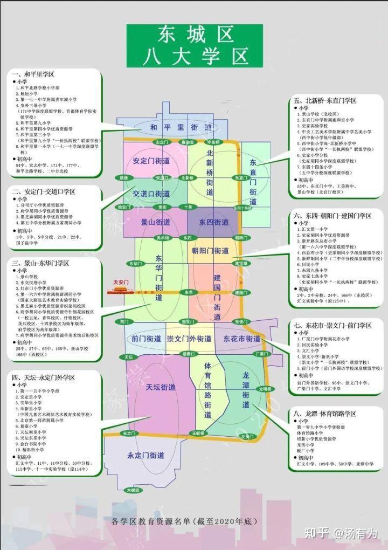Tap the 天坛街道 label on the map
(161, 387)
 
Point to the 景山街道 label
(155, 222)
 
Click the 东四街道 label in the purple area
(213, 222)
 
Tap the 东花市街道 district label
(241, 339)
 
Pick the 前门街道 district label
(146, 339)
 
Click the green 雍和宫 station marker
(187, 142)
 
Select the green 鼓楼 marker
(124, 177)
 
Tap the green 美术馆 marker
(162, 237)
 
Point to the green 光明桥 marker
(265, 388)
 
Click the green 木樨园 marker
(132, 490)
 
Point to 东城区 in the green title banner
(195, 35)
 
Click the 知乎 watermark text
(316, 533)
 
